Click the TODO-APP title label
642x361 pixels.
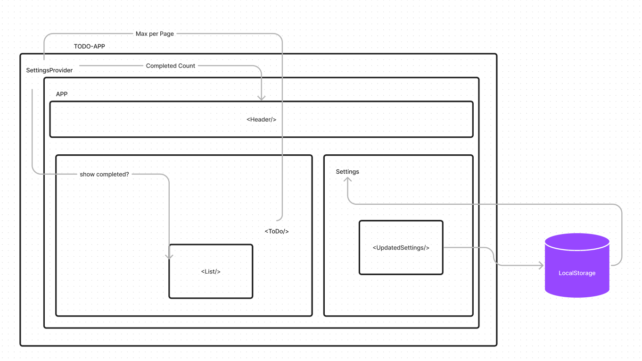89,47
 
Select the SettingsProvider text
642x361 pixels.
49,70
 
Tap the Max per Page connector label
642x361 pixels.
155,34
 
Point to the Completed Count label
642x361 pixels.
170,66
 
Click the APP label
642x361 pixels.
62,94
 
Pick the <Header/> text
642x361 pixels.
261,119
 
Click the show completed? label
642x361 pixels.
104,174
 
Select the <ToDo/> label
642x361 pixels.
277,231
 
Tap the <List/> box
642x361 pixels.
211,271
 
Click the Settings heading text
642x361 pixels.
347,172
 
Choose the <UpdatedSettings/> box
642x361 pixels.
401,247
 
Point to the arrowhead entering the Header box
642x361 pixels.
261,98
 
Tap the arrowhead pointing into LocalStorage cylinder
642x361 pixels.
541,266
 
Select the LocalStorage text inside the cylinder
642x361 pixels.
577,273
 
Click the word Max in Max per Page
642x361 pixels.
141,34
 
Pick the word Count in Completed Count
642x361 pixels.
187,66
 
